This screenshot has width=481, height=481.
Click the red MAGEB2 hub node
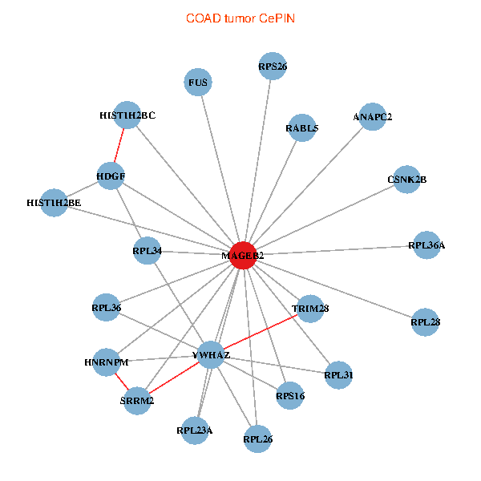point(242,255)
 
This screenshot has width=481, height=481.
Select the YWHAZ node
point(211,354)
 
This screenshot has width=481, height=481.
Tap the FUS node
point(198,83)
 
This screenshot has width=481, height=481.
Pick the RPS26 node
point(273,67)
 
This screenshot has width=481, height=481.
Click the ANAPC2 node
point(372,117)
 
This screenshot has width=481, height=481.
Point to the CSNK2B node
point(406,180)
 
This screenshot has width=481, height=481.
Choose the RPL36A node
point(426,245)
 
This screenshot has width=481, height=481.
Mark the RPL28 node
point(425,321)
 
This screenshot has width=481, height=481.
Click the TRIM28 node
point(310,308)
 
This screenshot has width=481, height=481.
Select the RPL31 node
point(338,374)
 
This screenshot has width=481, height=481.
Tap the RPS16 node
point(289,395)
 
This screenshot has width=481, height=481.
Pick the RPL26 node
point(257,439)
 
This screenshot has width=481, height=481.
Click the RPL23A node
point(195,431)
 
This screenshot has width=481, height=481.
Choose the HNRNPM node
point(107,362)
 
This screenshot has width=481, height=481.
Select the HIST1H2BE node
point(54,203)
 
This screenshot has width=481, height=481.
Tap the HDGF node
point(111,176)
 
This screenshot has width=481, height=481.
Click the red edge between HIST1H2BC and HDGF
point(119,146)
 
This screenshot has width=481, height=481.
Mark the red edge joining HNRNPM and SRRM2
point(121,381)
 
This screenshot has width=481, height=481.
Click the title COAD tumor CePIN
point(240,18)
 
